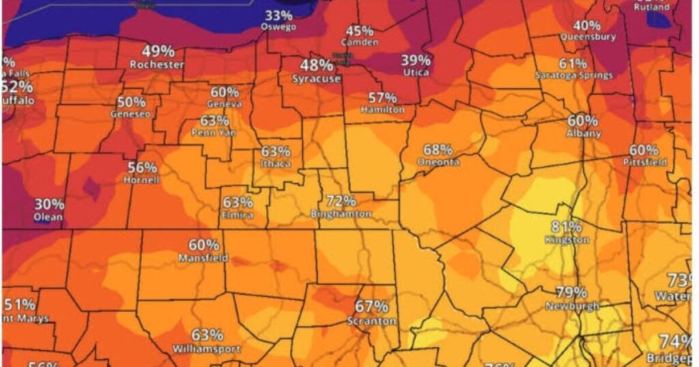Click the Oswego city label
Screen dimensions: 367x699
278,27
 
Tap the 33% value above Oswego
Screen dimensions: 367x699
279,16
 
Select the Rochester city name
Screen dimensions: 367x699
157,64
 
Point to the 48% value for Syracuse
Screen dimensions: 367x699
317,66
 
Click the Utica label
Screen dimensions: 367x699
416,72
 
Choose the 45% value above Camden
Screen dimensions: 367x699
360,31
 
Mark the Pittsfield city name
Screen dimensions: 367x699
644,162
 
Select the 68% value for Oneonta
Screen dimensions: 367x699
438,149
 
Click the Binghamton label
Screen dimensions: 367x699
341,214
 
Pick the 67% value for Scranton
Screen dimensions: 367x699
371,308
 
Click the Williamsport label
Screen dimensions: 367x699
206,349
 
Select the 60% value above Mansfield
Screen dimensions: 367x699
203,245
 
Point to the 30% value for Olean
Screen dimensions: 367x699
49,205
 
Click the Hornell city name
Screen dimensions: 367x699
141,180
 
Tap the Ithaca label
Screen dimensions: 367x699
275,164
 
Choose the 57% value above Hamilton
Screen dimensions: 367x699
382,98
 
